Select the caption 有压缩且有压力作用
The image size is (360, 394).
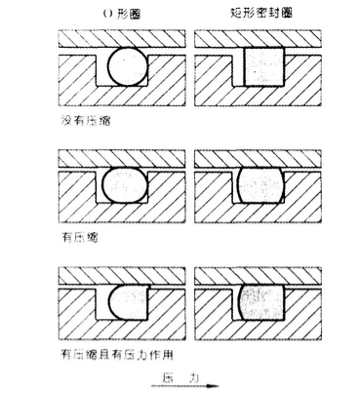point(111,354)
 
